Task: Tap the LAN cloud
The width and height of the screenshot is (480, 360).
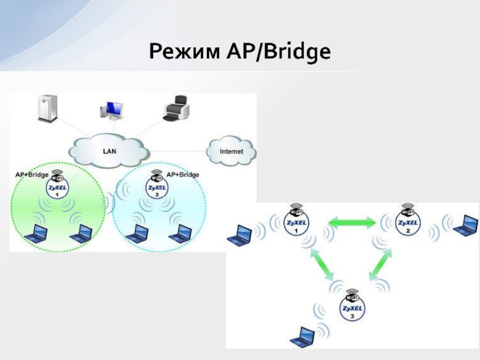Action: pos(110,151)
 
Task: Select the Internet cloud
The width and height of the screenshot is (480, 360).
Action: pos(231,152)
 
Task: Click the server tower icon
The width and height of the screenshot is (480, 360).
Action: pos(46,108)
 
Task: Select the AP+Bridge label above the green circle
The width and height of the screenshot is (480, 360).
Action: pos(31,175)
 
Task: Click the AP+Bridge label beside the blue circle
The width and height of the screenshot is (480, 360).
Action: pos(182,175)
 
